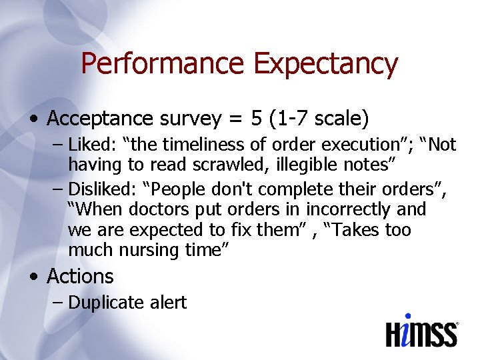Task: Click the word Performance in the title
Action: tap(163, 64)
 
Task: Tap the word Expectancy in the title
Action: tap(325, 64)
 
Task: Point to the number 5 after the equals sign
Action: tap(256, 119)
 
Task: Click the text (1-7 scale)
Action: tap(319, 119)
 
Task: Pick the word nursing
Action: tap(153, 250)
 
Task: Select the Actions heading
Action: tap(80, 276)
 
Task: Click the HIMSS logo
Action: tap(421, 331)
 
